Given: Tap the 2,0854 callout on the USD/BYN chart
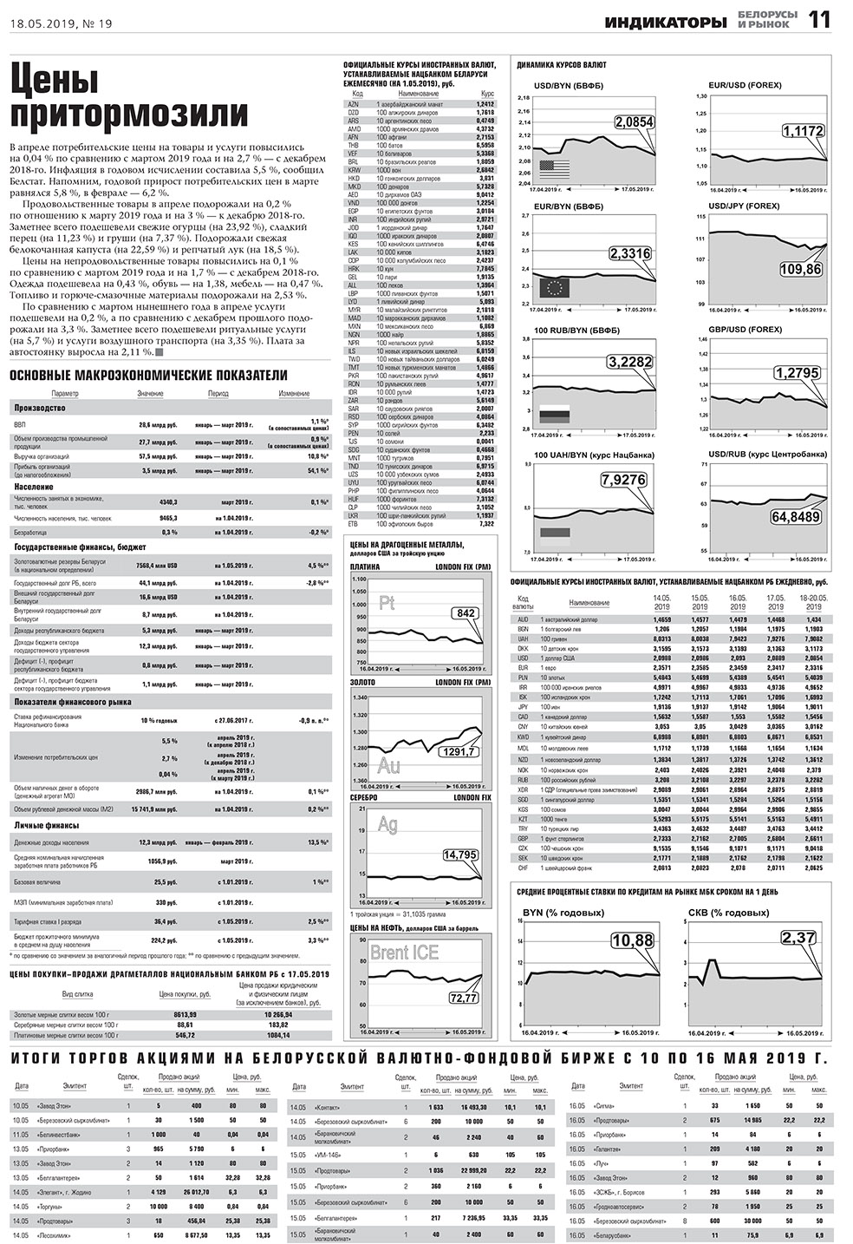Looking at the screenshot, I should [634, 123].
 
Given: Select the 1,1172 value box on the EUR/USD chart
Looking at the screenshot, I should [802, 131].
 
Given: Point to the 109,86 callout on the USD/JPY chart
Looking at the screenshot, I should [800, 270].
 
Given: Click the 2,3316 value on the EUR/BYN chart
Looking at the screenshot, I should [630, 253].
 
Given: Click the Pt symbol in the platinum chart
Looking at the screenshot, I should [387, 603].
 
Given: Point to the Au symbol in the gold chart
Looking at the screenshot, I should [388, 766].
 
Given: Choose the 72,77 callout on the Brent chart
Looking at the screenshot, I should [463, 998].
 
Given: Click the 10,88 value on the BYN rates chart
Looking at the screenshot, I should [633, 940].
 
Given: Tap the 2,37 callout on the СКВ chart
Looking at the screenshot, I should [798, 938].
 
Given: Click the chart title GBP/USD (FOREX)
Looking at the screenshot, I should [745, 330].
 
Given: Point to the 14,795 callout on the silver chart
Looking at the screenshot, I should [459, 854].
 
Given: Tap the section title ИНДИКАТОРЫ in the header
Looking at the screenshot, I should [666, 23].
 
